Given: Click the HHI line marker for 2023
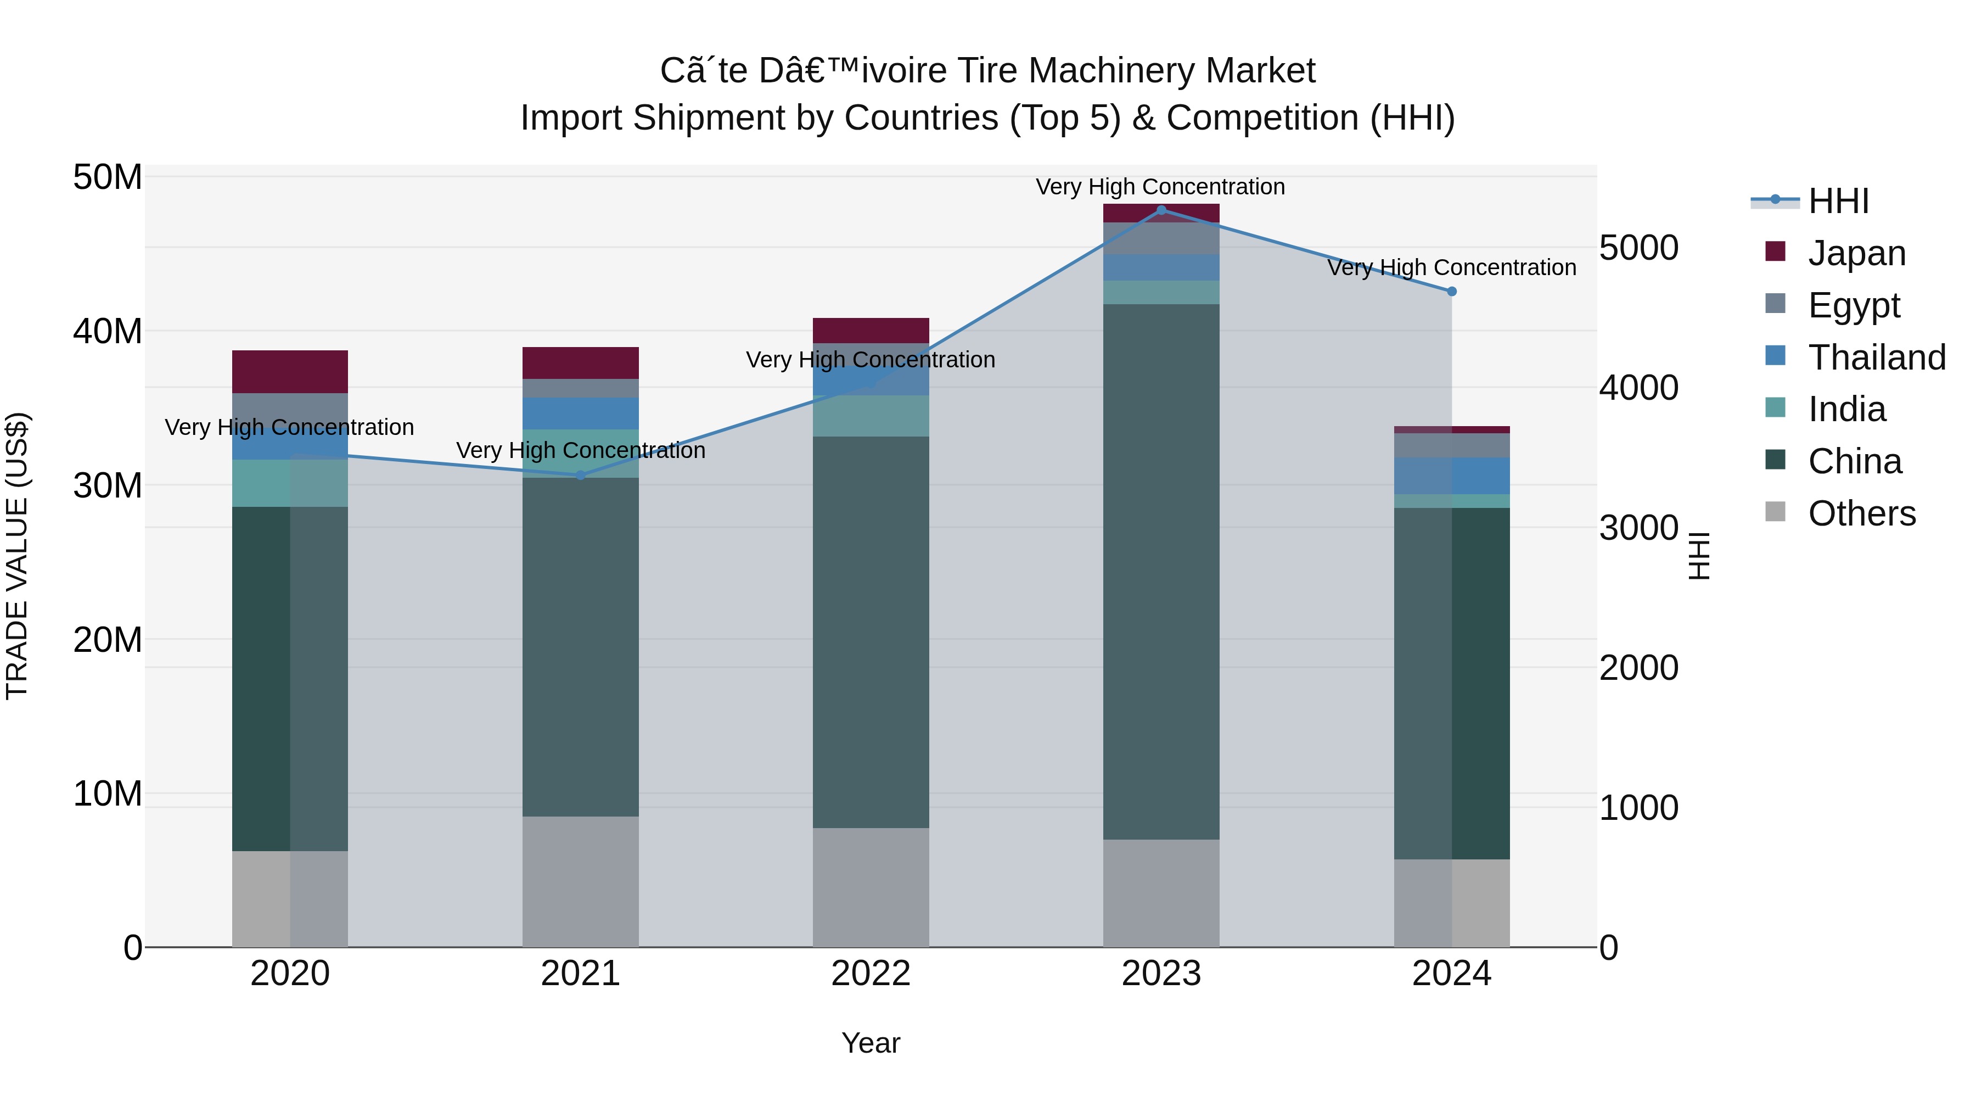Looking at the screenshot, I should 1160,210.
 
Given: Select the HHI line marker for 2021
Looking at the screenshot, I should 581,475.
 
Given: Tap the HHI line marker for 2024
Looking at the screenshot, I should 1451,292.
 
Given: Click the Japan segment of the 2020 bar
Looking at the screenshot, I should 290,372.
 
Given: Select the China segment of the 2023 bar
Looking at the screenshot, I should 1160,572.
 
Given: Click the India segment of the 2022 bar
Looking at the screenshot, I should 871,416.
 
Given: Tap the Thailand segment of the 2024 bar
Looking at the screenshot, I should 1451,476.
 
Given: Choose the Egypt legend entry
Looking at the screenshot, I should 1853,305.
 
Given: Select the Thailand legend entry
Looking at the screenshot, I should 1876,357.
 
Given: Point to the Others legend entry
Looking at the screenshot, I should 1861,513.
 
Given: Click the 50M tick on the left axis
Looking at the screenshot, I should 108,177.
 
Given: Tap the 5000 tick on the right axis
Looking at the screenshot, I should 1638,248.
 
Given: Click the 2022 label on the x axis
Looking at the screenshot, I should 871,974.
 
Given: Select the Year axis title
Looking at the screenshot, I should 871,1043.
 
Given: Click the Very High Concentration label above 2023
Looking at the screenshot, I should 1160,187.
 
